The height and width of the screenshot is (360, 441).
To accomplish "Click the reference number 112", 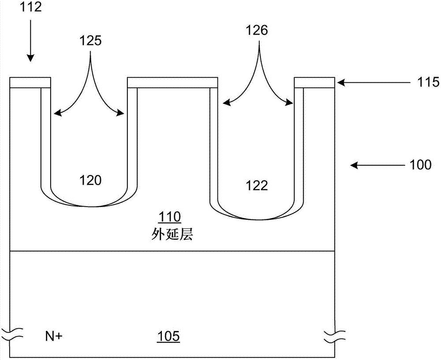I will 30,7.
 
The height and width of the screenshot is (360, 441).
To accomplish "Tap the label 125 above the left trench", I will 91,41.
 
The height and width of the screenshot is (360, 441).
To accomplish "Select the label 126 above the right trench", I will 258,31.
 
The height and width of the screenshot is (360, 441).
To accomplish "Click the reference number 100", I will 421,165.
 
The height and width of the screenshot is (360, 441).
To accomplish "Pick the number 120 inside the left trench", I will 90,180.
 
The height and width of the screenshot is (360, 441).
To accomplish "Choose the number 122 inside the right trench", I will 258,185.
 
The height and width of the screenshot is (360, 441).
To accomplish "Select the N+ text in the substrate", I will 53,337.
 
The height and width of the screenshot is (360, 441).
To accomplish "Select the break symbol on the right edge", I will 336,336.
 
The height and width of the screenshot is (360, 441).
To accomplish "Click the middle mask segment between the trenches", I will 172,82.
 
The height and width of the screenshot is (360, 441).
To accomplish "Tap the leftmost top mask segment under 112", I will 30,82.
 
